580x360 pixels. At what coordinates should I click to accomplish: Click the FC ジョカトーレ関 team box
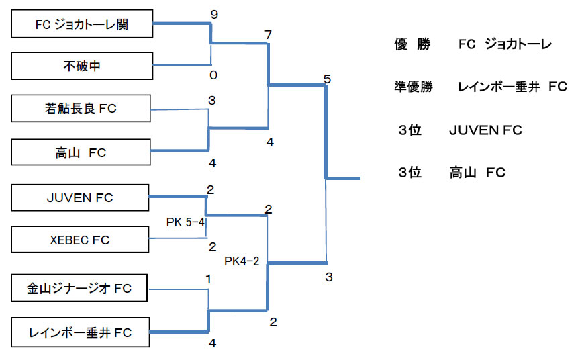(81, 26)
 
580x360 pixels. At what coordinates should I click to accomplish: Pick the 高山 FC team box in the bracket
(81, 153)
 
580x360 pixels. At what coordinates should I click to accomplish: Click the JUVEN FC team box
(81, 198)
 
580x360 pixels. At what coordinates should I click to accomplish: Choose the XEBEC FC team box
(81, 240)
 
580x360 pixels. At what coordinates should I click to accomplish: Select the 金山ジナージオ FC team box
(81, 289)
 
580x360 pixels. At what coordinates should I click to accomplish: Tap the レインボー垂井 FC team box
(81, 332)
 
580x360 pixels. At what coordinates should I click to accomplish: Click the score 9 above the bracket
(213, 14)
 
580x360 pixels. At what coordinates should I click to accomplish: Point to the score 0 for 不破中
(213, 75)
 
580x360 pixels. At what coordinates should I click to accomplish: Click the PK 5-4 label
(185, 222)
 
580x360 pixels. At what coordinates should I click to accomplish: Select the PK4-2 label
(242, 260)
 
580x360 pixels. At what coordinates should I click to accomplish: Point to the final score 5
(327, 79)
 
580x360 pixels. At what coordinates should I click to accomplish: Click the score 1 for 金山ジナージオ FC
(209, 279)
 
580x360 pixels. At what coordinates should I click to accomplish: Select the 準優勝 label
(414, 87)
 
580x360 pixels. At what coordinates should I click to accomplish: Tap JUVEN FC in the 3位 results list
(485, 130)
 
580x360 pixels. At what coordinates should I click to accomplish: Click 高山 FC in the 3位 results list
(477, 173)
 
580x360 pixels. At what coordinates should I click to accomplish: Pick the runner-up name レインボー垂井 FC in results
(512, 87)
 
